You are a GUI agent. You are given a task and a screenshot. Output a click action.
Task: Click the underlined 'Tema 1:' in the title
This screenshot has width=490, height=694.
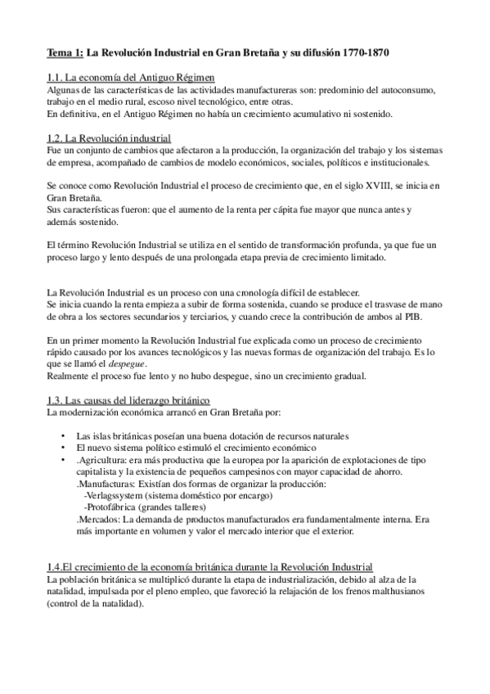pyautogui.click(x=65, y=54)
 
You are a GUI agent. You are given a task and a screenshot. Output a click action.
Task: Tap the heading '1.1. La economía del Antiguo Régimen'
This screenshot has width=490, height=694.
pyautogui.click(x=131, y=77)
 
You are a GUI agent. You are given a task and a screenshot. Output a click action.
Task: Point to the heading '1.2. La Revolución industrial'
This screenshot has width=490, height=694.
pyautogui.click(x=109, y=137)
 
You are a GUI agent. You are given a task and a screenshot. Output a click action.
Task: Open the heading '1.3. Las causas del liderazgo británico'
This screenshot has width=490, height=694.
pyautogui.click(x=129, y=399)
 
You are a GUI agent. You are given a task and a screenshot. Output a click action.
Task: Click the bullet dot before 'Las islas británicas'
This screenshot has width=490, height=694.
pyautogui.click(x=65, y=436)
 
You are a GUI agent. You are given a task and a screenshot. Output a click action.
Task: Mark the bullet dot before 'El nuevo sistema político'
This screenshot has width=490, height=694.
pyautogui.click(x=65, y=448)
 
